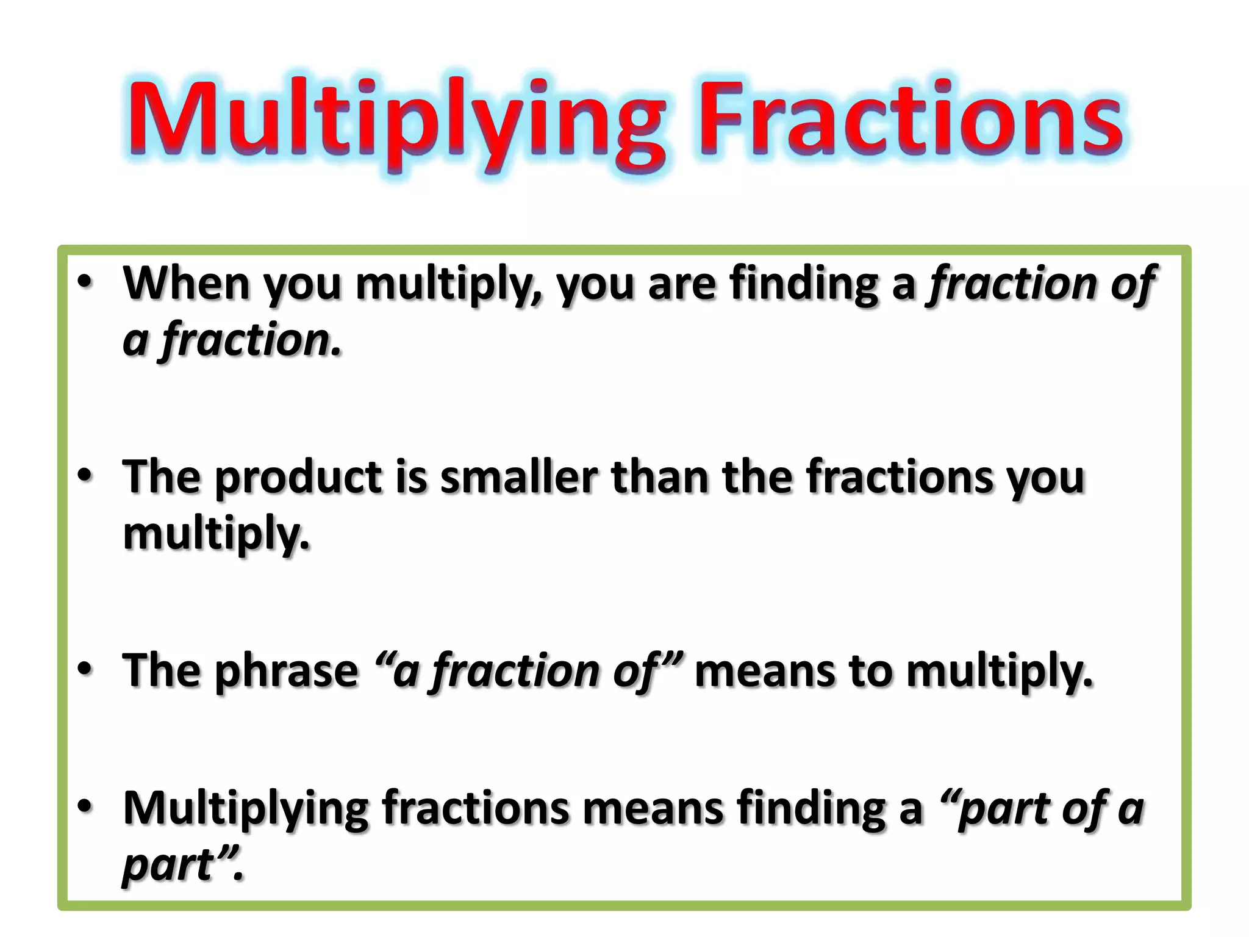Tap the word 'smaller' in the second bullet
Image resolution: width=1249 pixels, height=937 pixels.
point(519,477)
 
